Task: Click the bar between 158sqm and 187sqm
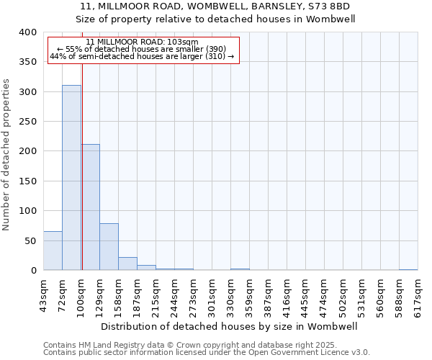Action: pyautogui.click(x=127, y=264)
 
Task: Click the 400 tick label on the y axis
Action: pyautogui.click(x=27, y=32)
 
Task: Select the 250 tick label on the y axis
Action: pyautogui.click(x=27, y=122)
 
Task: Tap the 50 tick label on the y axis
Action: pyautogui.click(x=30, y=240)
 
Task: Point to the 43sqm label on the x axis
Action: pyautogui.click(x=43, y=294)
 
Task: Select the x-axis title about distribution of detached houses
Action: pyautogui.click(x=230, y=326)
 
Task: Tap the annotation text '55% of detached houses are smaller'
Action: pyautogui.click(x=141, y=49)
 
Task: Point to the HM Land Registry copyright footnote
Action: pyautogui.click(x=189, y=346)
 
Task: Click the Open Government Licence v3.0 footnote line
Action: pyautogui.click(x=207, y=353)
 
